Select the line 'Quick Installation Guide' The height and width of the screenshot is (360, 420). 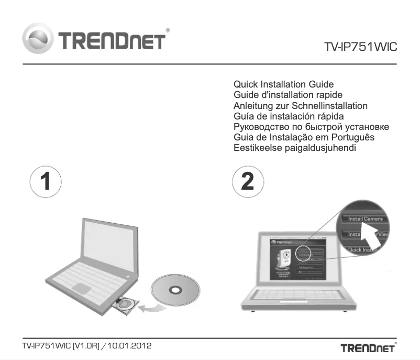[283, 84]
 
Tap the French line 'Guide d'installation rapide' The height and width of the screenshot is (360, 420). [288, 95]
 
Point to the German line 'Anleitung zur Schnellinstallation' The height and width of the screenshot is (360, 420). [301, 105]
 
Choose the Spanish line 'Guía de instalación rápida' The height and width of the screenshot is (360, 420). [289, 116]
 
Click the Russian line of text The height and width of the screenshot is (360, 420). [311, 127]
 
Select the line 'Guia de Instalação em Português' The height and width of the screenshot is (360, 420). [304, 137]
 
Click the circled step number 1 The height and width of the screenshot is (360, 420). [46, 181]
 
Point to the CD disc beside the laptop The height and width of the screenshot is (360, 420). [174, 290]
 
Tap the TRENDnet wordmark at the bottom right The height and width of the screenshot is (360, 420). [368, 348]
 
